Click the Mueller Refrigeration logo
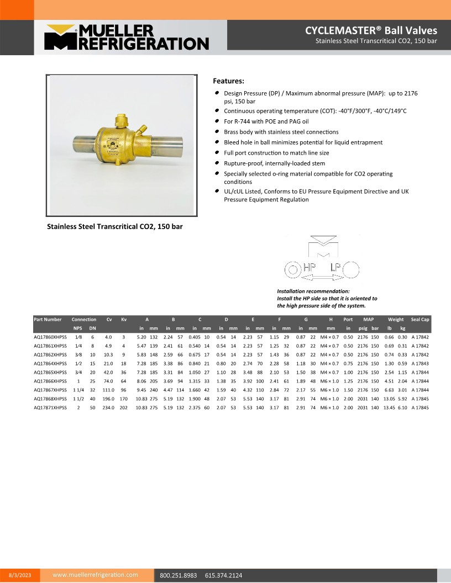(x=126, y=38)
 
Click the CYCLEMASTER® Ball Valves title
(x=371, y=30)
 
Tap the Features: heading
(x=228, y=81)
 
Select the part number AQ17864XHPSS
(x=50, y=363)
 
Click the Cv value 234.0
(x=108, y=407)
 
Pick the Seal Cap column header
(x=420, y=320)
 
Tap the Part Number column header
(x=48, y=320)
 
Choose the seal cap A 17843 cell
(x=420, y=363)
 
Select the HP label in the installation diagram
(x=310, y=268)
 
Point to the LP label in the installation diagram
(x=336, y=268)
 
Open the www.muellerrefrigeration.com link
(x=95, y=575)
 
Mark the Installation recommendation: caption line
(x=313, y=291)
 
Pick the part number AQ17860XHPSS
(x=50, y=337)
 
